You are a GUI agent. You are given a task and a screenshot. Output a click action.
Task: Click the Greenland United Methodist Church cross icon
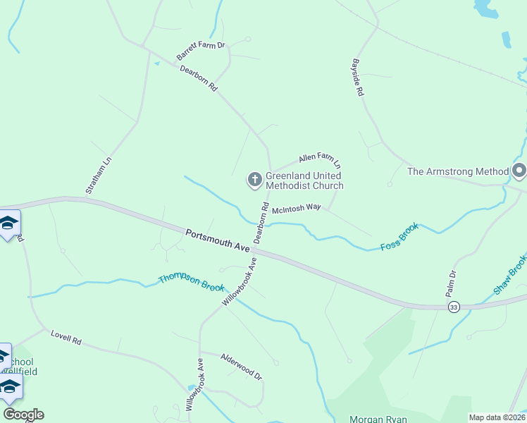[x=254, y=180]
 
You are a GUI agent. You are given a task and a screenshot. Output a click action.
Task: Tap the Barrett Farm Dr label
[x=201, y=51]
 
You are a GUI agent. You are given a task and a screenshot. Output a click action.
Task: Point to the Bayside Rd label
[x=358, y=78]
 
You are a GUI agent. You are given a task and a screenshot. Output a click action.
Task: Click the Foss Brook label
[x=399, y=237]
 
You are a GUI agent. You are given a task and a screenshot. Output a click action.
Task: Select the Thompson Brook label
[x=191, y=283]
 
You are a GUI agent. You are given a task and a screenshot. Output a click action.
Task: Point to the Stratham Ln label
[x=99, y=175]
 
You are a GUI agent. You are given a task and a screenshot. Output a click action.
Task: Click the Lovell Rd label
[x=66, y=337]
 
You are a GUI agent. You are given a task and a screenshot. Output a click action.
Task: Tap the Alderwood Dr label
[x=241, y=366]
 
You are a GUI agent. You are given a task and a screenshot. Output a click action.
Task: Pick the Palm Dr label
[x=451, y=283]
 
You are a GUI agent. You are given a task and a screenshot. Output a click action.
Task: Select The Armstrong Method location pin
[x=519, y=171]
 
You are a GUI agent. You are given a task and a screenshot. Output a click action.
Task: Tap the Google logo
[x=23, y=415]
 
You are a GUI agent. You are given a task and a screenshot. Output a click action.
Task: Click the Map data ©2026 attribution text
[x=497, y=417]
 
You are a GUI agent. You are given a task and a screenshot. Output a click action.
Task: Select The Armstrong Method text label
[x=458, y=171]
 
